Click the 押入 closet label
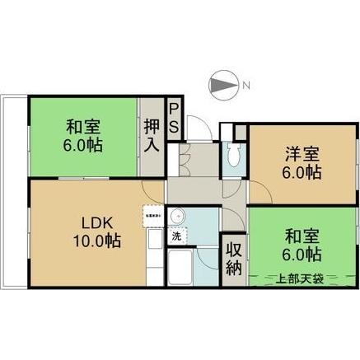tap(152, 136)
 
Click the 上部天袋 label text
tap(299, 277)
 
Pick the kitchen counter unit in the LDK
tap(153, 251)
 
